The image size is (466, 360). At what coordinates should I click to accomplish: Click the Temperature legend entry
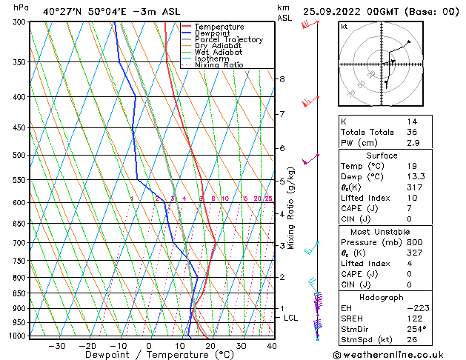221,27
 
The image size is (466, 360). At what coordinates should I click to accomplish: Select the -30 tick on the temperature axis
56,346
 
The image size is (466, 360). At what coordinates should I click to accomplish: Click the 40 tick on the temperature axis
272,346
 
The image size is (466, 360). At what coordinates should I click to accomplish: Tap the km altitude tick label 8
282,79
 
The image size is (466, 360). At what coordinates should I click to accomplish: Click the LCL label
291,318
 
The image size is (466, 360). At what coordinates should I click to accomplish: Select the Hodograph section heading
382,296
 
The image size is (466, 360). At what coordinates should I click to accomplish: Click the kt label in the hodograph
344,27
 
